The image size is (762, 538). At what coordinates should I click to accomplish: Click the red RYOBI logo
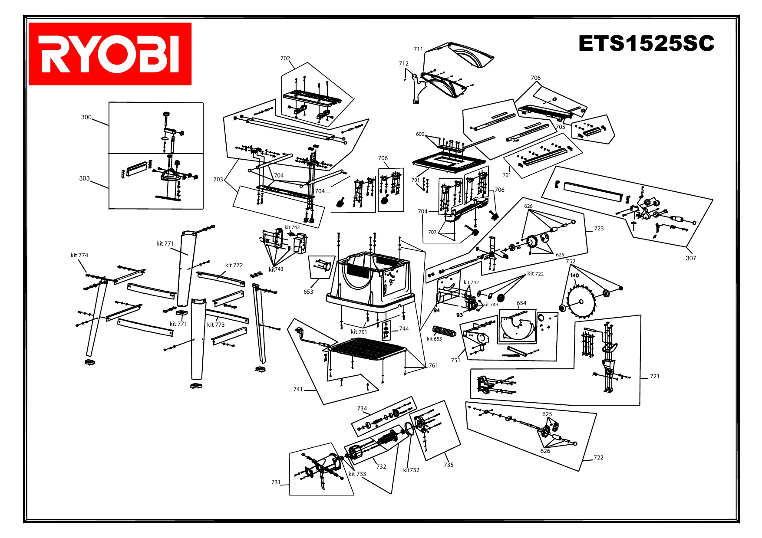(110, 54)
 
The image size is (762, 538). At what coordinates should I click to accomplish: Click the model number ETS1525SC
(646, 43)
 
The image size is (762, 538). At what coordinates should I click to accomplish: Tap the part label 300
(86, 117)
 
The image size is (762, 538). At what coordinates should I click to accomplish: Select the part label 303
(84, 178)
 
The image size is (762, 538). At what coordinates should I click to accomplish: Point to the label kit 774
(79, 255)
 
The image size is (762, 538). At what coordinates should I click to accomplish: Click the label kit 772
(234, 265)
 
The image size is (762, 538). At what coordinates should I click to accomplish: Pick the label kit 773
(216, 325)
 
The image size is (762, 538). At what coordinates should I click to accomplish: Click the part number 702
(285, 58)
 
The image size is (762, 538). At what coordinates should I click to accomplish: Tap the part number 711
(418, 49)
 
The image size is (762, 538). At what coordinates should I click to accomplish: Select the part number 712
(403, 63)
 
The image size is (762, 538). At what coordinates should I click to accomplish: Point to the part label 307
(691, 258)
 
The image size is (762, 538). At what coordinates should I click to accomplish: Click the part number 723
(599, 228)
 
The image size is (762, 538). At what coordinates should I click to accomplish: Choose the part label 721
(654, 376)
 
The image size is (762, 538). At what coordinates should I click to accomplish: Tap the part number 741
(298, 389)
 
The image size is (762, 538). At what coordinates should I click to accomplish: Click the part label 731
(276, 482)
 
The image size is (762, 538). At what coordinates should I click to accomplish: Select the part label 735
(449, 465)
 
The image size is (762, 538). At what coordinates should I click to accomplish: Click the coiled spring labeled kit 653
(444, 331)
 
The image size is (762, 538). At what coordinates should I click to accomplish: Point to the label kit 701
(359, 332)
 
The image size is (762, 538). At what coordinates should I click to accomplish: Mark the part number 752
(570, 261)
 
